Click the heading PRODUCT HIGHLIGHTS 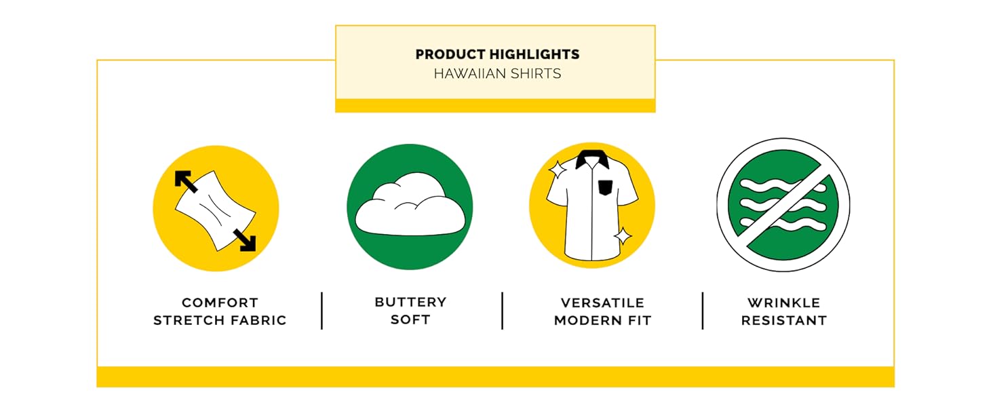coord(497,54)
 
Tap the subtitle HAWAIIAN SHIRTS coord(497,73)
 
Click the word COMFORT coord(220,303)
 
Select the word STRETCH coord(187,320)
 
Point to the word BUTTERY coord(410,302)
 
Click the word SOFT coord(410,319)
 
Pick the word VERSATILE coord(602,303)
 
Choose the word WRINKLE coord(784,303)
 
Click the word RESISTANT coord(784,320)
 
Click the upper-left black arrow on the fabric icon coord(185,181)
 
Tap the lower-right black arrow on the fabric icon coord(245,240)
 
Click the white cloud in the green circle coord(410,205)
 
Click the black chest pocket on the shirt coord(605,188)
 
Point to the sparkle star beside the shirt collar coord(558,170)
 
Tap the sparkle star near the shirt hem coord(623,236)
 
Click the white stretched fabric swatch coord(216,210)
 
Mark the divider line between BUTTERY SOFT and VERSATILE coord(502,311)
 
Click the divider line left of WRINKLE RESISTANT coord(703,311)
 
